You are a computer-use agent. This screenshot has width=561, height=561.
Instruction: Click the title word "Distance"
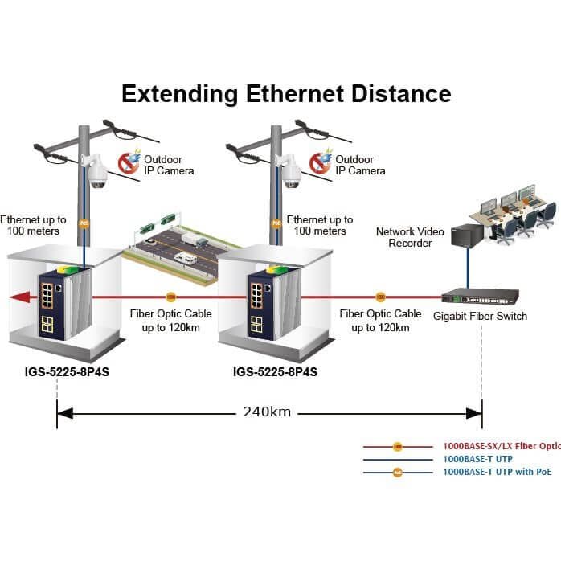401,94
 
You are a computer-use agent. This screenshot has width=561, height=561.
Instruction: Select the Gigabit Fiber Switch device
480,297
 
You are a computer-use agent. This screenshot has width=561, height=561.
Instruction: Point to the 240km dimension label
267,412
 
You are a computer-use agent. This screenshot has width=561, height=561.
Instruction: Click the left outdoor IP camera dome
97,173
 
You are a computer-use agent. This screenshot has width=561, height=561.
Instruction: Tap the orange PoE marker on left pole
84,223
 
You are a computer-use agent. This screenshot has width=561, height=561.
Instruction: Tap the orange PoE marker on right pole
276,223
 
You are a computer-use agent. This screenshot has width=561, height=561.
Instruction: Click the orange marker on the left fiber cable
171,297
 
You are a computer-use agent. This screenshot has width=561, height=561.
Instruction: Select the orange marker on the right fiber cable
380,297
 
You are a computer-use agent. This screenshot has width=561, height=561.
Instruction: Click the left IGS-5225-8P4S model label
67,372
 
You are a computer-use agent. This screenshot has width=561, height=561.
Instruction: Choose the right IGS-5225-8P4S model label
275,372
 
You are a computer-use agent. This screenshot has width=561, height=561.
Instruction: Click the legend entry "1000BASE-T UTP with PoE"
498,472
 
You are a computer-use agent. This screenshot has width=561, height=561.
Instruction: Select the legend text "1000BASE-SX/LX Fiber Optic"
502,446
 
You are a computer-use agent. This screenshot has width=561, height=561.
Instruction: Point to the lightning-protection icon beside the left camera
129,162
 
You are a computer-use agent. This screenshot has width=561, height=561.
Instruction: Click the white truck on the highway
194,239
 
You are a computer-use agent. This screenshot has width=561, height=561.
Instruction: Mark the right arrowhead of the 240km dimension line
474,414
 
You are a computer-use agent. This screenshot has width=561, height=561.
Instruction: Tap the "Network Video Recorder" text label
410,237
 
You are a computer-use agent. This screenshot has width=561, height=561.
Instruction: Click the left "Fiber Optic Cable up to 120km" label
171,321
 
